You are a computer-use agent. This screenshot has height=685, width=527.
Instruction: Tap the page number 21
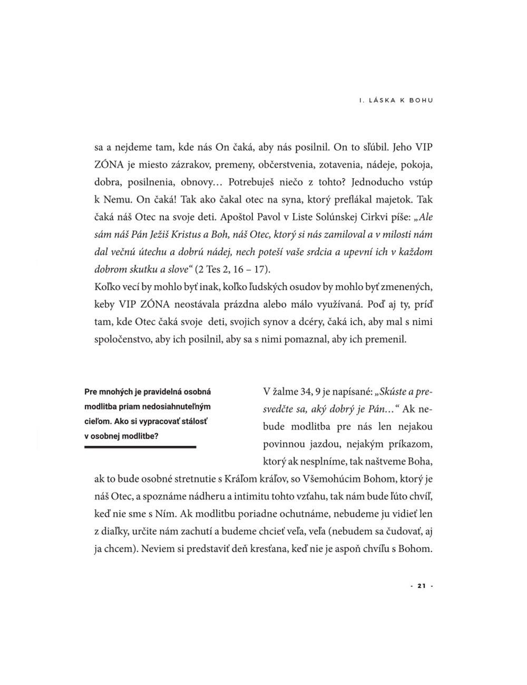(x=421, y=586)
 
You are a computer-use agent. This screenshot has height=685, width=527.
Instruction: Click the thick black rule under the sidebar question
(x=140, y=447)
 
